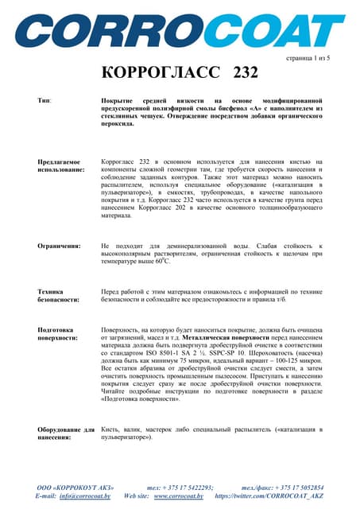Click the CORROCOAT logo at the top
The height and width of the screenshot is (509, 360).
180,29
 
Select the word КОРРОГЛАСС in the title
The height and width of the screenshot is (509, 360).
162,74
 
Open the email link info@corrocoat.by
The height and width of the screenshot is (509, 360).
84,495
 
